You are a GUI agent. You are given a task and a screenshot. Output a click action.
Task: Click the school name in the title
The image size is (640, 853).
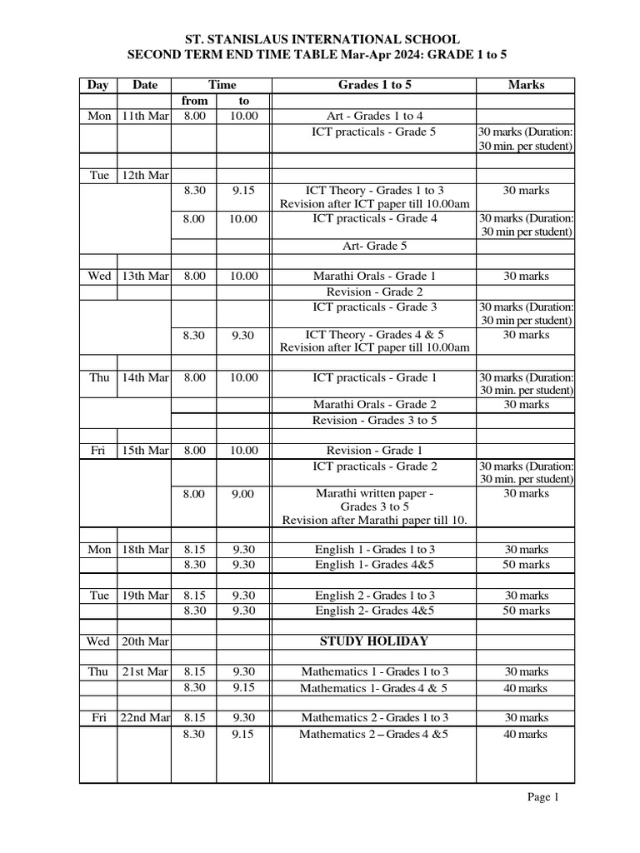[321, 39]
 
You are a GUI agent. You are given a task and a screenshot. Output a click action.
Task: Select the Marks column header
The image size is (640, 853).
[526, 85]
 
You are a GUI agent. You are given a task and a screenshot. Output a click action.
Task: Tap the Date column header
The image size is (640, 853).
[144, 85]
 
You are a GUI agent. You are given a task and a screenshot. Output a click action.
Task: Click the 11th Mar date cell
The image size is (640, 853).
[144, 116]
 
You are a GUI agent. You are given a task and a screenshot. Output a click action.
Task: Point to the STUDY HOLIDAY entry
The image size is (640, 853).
[374, 641]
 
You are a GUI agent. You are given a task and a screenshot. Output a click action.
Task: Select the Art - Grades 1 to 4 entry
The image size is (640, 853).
[374, 116]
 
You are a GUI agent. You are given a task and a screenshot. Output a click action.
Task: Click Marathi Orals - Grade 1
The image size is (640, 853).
[374, 276]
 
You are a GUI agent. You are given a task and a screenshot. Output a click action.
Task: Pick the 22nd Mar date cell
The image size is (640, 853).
[144, 717]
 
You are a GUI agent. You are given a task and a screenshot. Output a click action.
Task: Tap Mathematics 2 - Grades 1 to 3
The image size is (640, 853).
[374, 717]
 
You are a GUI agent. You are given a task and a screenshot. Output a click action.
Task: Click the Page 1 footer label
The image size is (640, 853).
[543, 797]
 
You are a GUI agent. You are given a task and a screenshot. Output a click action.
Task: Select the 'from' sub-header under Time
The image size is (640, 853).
[194, 101]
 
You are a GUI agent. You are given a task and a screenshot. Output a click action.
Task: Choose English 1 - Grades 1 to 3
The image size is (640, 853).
[374, 550]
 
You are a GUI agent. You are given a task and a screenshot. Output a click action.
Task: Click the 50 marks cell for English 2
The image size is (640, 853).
[526, 611]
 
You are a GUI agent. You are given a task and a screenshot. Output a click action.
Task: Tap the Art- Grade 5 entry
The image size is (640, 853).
[374, 246]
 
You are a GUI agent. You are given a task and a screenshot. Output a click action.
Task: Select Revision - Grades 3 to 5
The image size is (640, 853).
[374, 421]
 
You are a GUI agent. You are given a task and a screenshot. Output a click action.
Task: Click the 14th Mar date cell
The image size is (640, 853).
[144, 377]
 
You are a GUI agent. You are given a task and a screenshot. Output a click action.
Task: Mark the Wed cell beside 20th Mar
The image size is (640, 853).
[98, 641]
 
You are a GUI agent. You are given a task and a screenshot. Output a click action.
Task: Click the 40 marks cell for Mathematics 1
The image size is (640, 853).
[526, 688]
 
